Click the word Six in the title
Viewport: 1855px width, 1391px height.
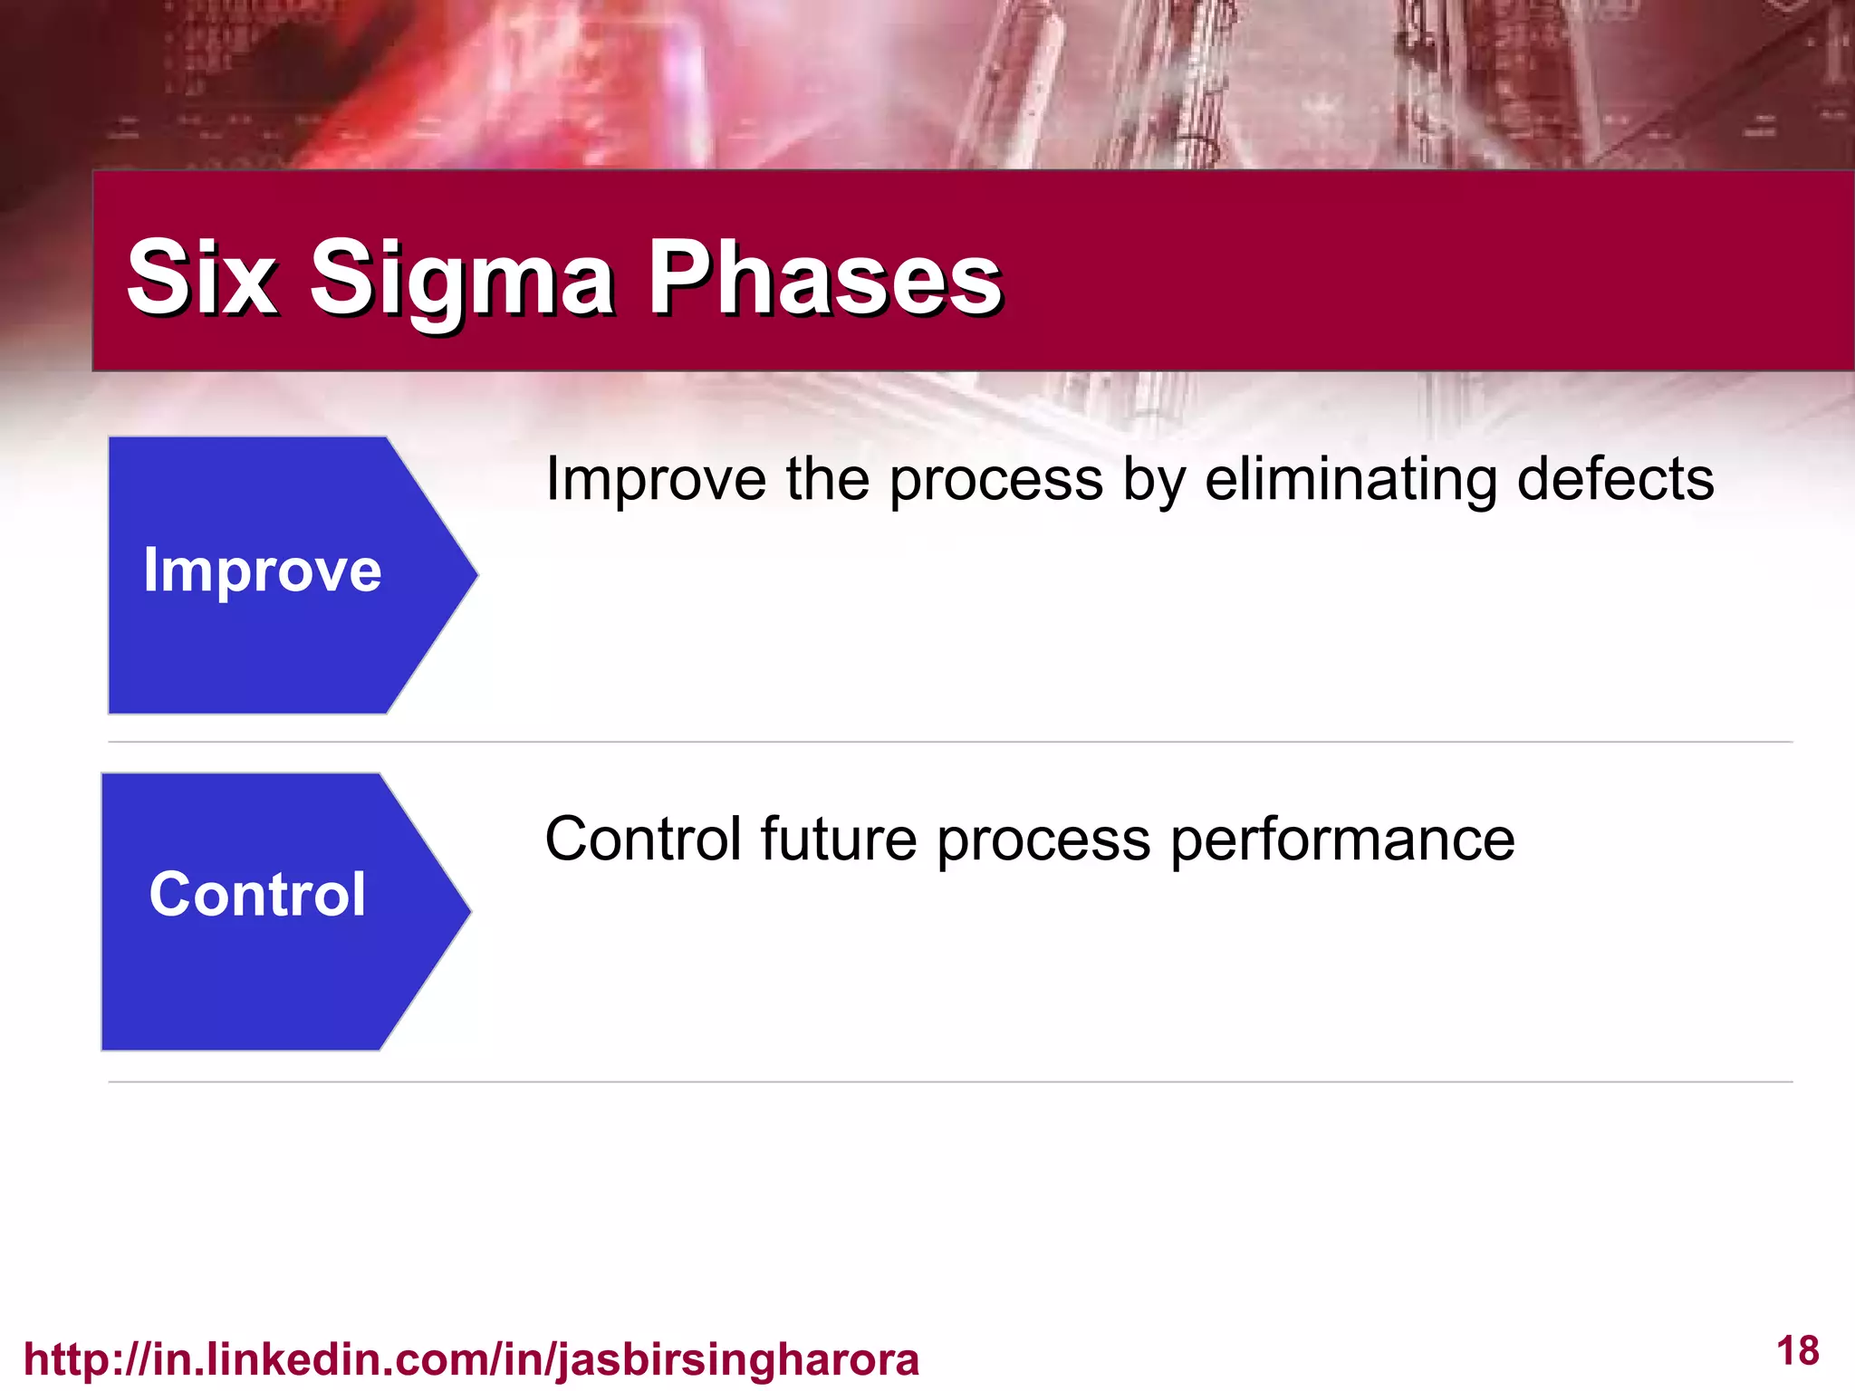pyautogui.click(x=201, y=277)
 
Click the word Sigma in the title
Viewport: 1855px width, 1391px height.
pyautogui.click(x=462, y=277)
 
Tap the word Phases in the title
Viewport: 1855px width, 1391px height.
pyautogui.click(x=825, y=277)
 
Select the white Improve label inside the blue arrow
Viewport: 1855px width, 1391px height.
pyautogui.click(x=263, y=571)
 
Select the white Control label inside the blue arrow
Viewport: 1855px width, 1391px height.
pyautogui.click(x=257, y=895)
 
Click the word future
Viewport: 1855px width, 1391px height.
pyautogui.click(x=839, y=839)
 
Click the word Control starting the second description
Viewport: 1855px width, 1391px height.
pyautogui.click(x=642, y=839)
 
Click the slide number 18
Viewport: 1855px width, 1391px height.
pyautogui.click(x=1797, y=1351)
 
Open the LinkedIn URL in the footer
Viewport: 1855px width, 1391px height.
pyautogui.click(x=471, y=1359)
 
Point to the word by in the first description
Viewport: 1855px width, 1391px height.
pyautogui.click(x=1154, y=480)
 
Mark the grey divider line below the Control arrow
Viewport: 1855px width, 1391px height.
pyautogui.click(x=951, y=1081)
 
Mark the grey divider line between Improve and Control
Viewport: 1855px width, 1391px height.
pyautogui.click(x=951, y=742)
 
